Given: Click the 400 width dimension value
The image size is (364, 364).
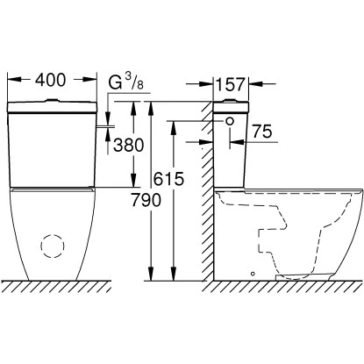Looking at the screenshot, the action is coord(50,80).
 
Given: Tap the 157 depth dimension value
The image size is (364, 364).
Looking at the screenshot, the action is coord(231,84).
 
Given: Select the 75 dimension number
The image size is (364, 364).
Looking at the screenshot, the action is coord(262,132).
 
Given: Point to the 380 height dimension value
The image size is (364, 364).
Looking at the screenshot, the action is coord(129,145).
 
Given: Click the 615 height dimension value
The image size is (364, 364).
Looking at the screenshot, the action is coord(169,179).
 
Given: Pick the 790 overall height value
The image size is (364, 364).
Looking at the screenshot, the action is coord(146,200).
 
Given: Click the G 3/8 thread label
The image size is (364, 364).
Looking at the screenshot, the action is coord(126,81).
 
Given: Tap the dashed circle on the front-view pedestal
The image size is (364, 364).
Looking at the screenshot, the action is coord(53,246).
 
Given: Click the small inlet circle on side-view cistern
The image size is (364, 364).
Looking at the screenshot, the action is coord(231,121).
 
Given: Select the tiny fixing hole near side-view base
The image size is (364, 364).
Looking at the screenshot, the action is coord(253,274).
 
